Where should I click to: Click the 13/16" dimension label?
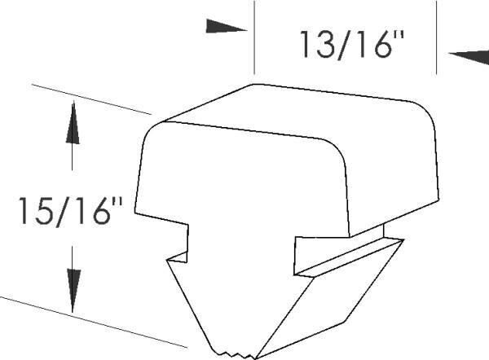tap(352, 45)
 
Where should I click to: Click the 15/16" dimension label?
tap(71, 212)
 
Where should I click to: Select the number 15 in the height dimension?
tap(37, 212)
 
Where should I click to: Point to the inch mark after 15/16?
tap(118, 202)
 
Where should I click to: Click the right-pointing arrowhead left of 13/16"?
tap(227, 27)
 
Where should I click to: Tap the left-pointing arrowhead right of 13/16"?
tap(469, 57)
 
